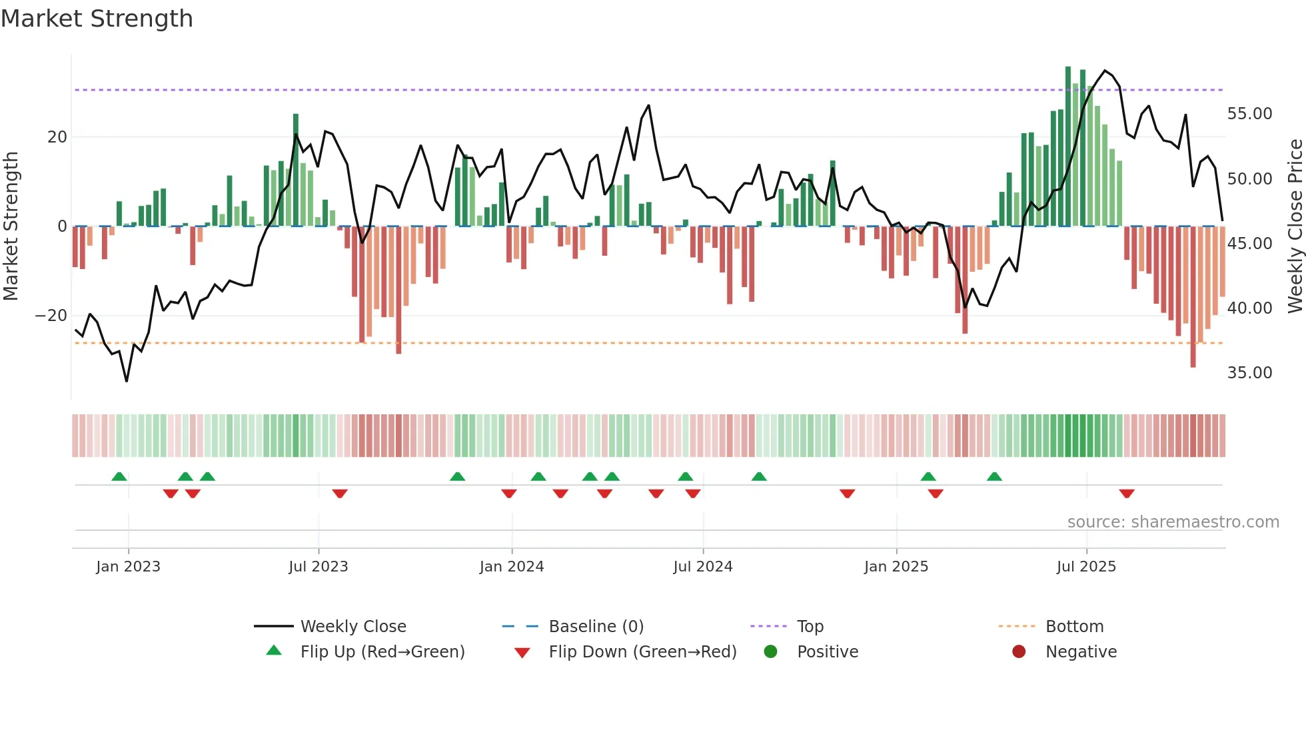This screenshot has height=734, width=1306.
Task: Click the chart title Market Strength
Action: tap(97, 19)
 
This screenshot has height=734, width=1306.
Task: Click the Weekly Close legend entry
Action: tap(352, 626)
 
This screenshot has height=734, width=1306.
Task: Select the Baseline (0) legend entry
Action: tap(596, 626)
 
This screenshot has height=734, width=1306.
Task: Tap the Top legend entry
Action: tap(810, 626)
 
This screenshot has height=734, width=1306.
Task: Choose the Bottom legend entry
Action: tap(1074, 626)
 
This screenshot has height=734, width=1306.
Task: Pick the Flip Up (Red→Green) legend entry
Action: tap(382, 651)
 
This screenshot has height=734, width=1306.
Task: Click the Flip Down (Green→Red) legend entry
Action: tap(642, 651)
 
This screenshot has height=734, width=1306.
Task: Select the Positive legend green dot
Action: tap(771, 651)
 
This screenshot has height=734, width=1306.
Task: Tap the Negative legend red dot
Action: tap(1019, 651)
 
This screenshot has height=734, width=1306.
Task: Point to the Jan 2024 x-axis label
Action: tap(512, 566)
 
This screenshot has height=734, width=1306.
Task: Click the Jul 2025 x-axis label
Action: tap(1086, 566)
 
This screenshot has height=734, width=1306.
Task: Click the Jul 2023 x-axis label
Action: tap(319, 566)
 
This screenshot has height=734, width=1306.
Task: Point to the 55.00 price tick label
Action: tap(1249, 114)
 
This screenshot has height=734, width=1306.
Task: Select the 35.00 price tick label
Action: tap(1249, 373)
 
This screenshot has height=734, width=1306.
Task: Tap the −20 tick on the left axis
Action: tap(51, 315)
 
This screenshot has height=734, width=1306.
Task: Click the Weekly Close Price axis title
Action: tap(1295, 226)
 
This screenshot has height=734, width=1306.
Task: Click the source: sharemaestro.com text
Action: tap(1173, 522)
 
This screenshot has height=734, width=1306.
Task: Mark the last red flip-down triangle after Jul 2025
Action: tap(1127, 494)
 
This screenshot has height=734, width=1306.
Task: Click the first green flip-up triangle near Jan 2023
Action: tap(119, 476)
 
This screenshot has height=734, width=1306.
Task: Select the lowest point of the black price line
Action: tap(127, 381)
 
